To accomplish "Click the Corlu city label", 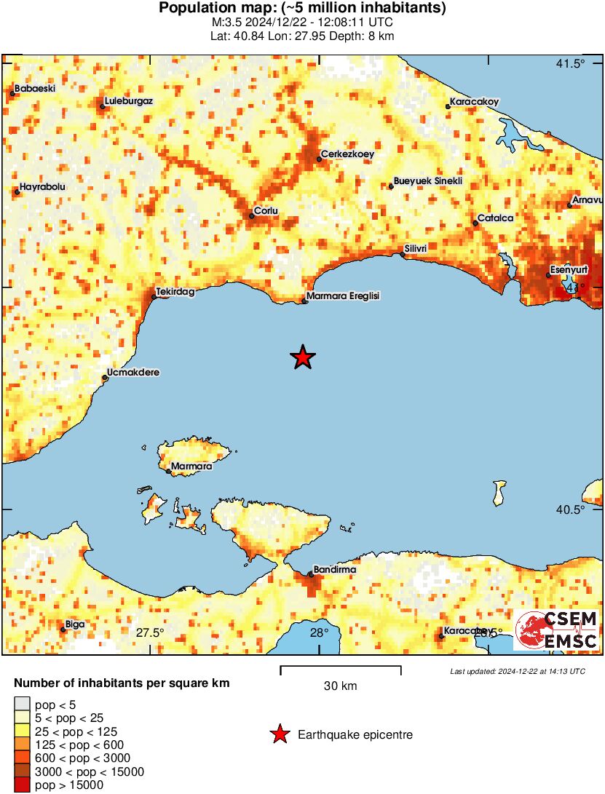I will click(265, 211).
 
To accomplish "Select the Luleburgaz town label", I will click(128, 101).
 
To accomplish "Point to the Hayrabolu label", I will click(42, 187).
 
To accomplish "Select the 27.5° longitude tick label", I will click(150, 632).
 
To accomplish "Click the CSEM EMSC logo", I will click(557, 630).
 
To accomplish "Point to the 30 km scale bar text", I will click(340, 686).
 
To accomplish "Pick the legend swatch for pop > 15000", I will click(22, 785).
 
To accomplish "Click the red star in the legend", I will click(279, 735).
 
